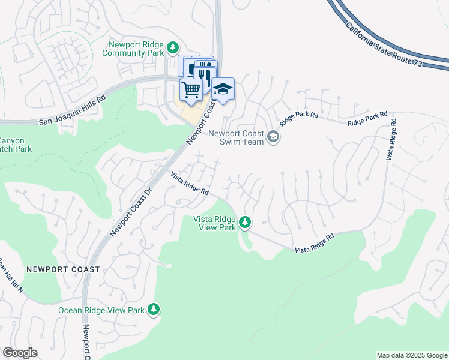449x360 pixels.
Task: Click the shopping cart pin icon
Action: pos(190,90)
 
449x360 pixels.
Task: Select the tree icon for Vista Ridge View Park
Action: pos(245,223)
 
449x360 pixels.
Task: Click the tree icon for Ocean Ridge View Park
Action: pos(154,309)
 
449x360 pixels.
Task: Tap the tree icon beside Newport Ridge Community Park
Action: pos(173,47)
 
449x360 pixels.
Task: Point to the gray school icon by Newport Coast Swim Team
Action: pos(273,137)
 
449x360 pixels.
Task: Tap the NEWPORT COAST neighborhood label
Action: pos(63,269)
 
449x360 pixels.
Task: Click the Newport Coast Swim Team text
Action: pos(237,137)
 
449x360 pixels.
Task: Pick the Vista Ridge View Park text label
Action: pos(214,223)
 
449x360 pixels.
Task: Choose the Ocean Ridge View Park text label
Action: pos(101,310)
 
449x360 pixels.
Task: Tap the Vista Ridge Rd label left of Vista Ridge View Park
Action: pos(189,184)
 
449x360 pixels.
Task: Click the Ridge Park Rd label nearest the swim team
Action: pos(298,117)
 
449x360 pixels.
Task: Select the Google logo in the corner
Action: pos(20,353)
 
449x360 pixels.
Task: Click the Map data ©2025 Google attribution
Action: pos(411,355)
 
